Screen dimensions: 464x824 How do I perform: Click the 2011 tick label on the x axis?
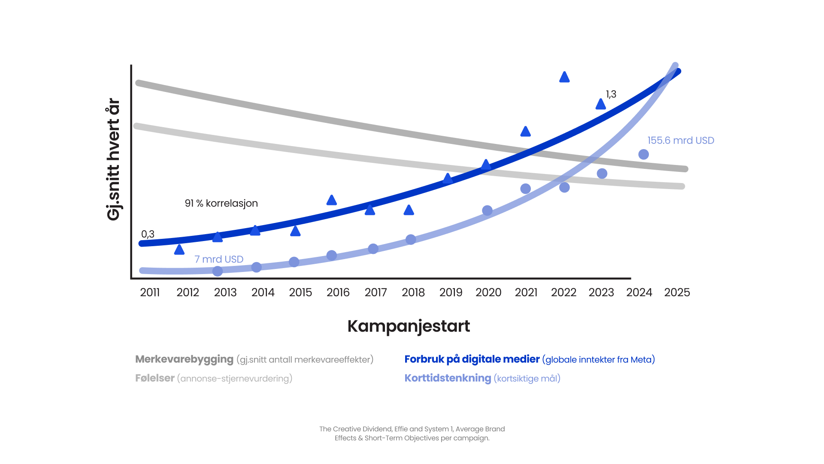(x=150, y=293)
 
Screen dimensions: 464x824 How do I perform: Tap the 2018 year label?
(x=413, y=293)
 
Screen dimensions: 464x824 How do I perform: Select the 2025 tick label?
(x=677, y=293)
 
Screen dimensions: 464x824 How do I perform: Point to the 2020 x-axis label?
(x=488, y=293)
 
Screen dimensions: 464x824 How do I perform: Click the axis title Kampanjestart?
(x=409, y=326)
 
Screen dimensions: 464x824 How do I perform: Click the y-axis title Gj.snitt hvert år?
(x=113, y=159)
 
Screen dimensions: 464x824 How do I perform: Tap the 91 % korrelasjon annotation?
(x=221, y=203)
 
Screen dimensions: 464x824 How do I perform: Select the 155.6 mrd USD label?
(x=681, y=140)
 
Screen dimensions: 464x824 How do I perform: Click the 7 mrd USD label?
(x=219, y=259)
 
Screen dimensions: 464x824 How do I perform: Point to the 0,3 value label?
(x=148, y=234)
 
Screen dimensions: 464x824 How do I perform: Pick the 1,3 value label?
(x=611, y=94)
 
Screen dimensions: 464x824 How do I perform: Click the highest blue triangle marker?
(x=564, y=77)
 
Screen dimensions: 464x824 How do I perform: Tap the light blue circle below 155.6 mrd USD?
(x=643, y=154)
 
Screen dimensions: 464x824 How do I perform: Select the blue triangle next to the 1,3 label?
(x=601, y=104)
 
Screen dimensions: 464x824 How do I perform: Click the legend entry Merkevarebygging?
(x=185, y=359)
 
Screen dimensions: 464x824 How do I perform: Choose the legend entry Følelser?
(x=155, y=378)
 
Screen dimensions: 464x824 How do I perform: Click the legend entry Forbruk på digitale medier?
(x=472, y=359)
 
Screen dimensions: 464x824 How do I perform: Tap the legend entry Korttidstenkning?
(x=448, y=378)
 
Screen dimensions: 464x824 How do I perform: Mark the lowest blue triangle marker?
(x=179, y=250)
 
